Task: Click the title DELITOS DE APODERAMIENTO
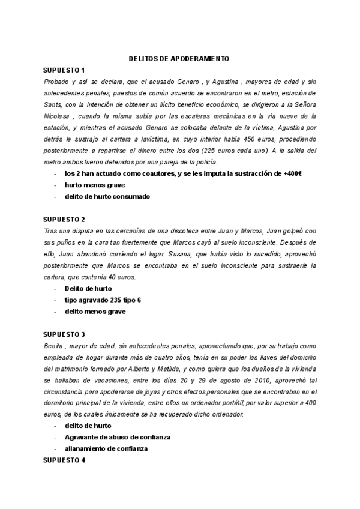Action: tap(179, 59)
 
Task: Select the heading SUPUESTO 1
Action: tap(65, 70)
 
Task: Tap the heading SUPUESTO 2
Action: tap(65, 219)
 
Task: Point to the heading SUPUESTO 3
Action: tap(65, 334)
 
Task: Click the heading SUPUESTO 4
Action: tap(65, 460)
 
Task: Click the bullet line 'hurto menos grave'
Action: tap(95, 185)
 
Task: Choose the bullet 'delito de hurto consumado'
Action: tap(107, 196)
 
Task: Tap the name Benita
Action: tap(53, 346)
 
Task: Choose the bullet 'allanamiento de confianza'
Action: tap(106, 449)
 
